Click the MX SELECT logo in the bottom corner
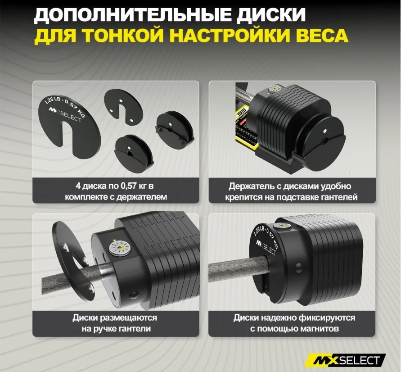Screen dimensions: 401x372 click(347, 360)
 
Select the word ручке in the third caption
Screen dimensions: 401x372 click(106, 329)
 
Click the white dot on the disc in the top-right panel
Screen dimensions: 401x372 click(324, 131)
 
